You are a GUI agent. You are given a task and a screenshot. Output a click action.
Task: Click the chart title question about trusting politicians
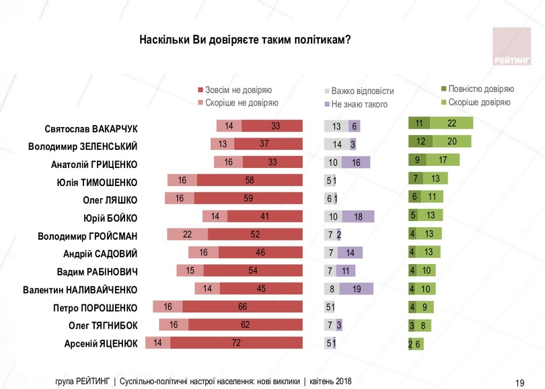pyautogui.click(x=245, y=40)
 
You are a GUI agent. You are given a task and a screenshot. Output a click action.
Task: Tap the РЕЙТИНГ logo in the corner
pyautogui.click(x=511, y=48)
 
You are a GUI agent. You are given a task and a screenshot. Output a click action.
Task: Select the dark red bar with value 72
pyautogui.click(x=237, y=343)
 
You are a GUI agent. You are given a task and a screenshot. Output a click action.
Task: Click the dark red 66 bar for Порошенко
pyautogui.click(x=242, y=307)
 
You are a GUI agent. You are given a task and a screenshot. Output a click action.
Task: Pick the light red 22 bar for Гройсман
pyautogui.click(x=187, y=234)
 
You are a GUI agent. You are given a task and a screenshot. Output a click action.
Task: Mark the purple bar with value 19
pyautogui.click(x=357, y=289)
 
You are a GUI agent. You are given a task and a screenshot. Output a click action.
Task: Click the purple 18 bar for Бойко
pyautogui.click(x=358, y=216)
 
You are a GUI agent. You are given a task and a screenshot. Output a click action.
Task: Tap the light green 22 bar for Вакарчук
pyautogui.click(x=451, y=123)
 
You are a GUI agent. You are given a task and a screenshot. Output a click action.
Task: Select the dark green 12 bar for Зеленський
pyautogui.click(x=421, y=141)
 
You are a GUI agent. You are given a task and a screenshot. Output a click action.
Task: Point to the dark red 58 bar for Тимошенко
pyautogui.click(x=250, y=180)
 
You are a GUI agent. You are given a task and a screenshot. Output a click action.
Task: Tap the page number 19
pyautogui.click(x=519, y=382)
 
